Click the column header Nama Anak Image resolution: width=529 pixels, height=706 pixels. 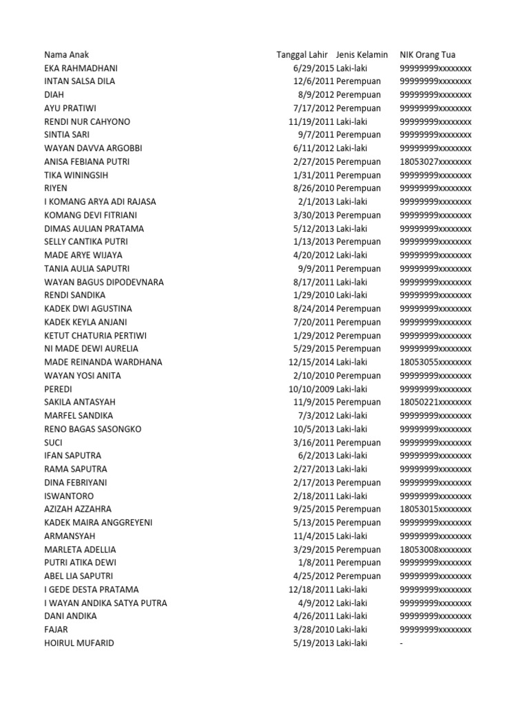(x=66, y=54)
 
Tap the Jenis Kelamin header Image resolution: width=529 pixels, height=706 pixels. (x=362, y=54)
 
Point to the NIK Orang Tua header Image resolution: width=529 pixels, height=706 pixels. (x=427, y=54)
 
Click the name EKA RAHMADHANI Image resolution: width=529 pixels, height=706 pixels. (x=80, y=68)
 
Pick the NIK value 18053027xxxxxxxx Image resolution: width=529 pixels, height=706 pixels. (x=435, y=161)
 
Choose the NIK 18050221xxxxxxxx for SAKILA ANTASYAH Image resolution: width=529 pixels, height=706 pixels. (x=435, y=402)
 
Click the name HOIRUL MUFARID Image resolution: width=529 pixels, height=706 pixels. (x=79, y=643)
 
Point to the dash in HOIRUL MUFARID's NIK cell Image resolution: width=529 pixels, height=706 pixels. (x=401, y=643)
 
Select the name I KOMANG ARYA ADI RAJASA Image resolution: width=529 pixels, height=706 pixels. (x=100, y=201)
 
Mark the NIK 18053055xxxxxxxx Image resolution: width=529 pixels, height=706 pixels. (x=435, y=362)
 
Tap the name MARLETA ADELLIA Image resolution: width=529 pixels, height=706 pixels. (x=80, y=549)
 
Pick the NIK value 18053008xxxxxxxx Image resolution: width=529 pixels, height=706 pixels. (x=435, y=549)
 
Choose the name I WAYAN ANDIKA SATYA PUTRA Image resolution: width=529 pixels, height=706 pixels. (x=105, y=603)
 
